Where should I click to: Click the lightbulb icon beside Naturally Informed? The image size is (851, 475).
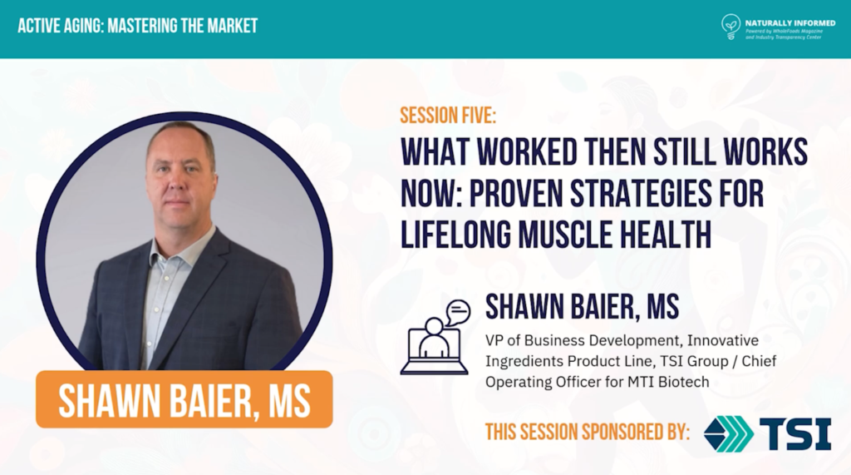730,26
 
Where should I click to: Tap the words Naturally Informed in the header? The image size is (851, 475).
790,22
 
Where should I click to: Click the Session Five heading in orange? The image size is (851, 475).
448,116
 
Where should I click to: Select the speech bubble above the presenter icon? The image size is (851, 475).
458,312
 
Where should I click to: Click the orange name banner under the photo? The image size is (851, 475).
184,399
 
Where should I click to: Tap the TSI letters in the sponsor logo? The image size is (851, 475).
794,433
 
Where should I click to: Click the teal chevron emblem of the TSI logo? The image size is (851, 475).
728,433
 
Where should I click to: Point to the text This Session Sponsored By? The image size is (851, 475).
588,432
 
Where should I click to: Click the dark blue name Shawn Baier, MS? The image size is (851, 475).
582,306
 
